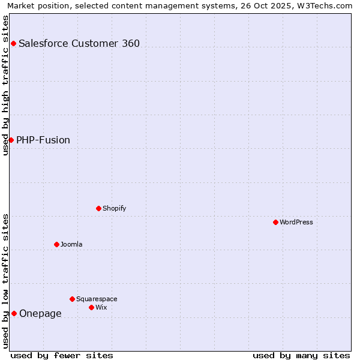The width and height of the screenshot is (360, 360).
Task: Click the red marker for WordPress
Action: tap(275, 222)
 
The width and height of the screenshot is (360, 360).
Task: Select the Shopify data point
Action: tap(98, 208)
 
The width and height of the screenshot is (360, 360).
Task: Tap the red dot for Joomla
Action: tap(56, 244)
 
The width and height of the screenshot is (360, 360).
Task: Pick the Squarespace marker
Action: tap(72, 299)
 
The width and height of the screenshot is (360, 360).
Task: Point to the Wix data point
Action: tap(91, 307)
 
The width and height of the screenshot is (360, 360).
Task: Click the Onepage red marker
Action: tap(14, 313)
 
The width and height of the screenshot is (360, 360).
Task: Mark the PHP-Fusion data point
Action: tap(11, 140)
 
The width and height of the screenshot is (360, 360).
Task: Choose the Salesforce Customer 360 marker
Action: tap(13, 43)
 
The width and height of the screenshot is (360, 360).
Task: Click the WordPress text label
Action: tap(296, 222)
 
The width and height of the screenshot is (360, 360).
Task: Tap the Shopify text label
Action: tap(114, 208)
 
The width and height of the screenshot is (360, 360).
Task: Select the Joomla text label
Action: tap(71, 244)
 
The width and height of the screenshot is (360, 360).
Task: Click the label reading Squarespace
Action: tap(97, 299)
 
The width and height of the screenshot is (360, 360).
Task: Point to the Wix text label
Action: tap(101, 307)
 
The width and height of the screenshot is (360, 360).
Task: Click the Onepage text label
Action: tap(40, 313)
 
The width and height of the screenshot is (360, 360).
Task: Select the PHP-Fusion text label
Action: tap(43, 140)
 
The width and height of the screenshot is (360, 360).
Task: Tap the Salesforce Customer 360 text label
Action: tap(79, 43)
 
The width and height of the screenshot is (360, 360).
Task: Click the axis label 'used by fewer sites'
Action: tap(62, 355)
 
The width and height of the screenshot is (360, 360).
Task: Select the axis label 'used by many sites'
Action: tap(301, 355)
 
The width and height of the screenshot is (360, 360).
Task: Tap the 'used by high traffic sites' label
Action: tap(5, 85)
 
